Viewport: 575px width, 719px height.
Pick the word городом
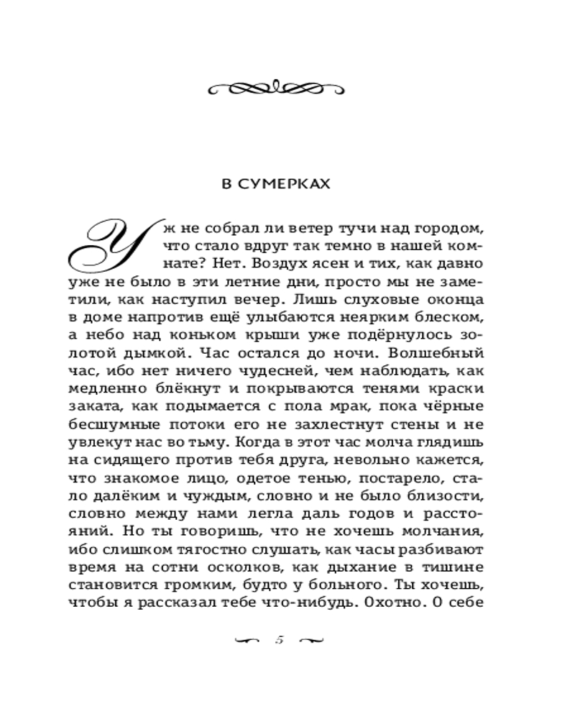coord(447,229)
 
